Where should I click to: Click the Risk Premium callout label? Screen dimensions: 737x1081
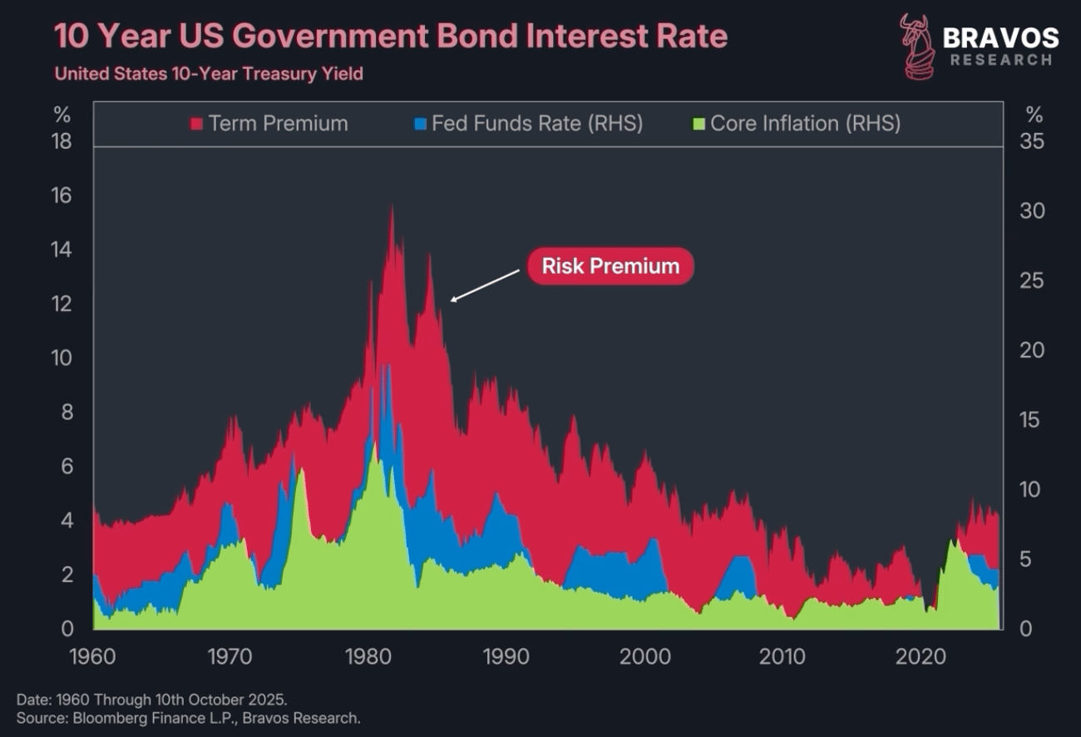point(610,266)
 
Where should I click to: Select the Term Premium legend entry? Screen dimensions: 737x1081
point(269,124)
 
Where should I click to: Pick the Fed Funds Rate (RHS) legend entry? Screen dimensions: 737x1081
point(528,124)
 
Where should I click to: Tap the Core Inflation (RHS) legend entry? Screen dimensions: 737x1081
point(796,124)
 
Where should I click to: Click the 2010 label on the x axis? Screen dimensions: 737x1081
point(782,657)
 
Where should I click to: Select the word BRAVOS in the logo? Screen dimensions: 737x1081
point(1000,38)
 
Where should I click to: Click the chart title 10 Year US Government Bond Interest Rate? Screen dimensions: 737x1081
point(391,37)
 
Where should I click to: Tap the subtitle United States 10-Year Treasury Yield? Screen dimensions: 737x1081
point(209,74)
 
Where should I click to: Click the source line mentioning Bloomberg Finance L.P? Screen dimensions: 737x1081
point(188,717)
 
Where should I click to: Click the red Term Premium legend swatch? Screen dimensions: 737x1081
point(197,124)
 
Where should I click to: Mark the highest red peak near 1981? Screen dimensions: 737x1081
point(391,208)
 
